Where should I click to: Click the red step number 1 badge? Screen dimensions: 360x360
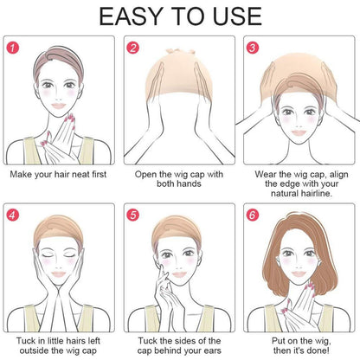click(13, 48)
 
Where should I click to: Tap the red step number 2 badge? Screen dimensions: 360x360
click(133, 48)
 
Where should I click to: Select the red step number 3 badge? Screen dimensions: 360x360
click(253, 48)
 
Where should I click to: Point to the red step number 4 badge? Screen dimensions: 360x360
click(13, 215)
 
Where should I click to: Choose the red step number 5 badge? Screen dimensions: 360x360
click(133, 215)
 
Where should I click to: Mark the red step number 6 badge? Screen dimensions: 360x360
click(253, 215)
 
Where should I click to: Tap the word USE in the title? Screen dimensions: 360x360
click(238, 16)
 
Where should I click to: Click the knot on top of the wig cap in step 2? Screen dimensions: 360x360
click(180, 52)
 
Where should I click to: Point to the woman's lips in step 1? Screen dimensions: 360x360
click(59, 106)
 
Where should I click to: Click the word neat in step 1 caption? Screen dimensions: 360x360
click(80, 175)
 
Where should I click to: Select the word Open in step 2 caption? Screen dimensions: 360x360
click(145, 175)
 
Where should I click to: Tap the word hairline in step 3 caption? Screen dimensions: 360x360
click(316, 193)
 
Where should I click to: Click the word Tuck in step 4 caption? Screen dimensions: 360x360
click(26, 341)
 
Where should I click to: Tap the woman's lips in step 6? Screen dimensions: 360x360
click(299, 273)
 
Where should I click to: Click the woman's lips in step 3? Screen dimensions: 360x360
click(299, 132)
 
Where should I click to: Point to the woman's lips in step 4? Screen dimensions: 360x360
click(59, 273)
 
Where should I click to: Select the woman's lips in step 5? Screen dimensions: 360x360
click(179, 273)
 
